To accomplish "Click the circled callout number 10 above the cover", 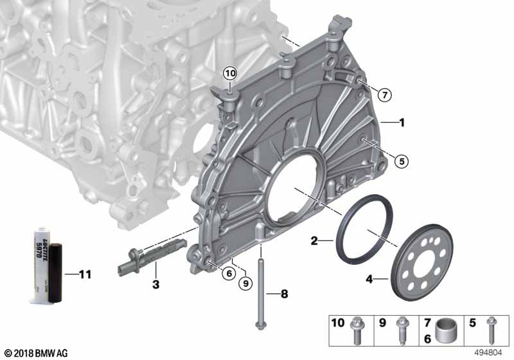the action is point(230,73).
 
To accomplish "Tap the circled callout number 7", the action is point(384,95).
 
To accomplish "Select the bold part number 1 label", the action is point(402,123).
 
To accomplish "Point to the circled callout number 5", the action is point(402,161).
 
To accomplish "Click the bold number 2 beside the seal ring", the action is point(314,241).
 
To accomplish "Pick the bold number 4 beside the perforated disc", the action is point(369,280).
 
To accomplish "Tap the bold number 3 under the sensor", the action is point(155,284).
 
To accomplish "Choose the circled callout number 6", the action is point(229,273).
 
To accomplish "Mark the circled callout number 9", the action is point(245,283).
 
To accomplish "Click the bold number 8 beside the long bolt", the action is point(284,294).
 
